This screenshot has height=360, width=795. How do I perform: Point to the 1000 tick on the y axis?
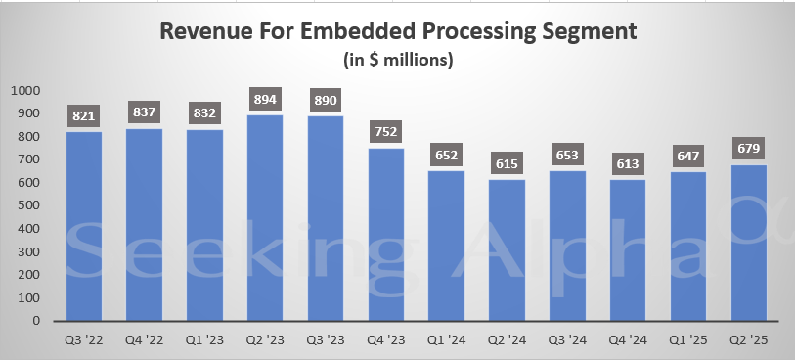25,91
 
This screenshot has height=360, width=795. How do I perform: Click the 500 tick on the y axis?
29,206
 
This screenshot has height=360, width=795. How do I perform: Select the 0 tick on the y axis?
37,321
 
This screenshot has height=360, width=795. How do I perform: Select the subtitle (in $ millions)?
397,60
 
